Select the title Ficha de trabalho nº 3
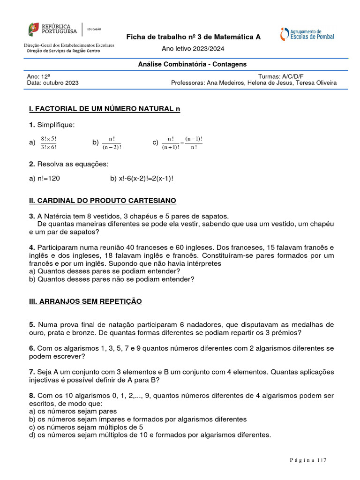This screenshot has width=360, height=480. [x=194, y=37]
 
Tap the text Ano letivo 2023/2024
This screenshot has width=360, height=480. [x=193, y=49]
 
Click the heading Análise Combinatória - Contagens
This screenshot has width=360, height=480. [x=192, y=64]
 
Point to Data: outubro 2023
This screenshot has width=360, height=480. [x=53, y=83]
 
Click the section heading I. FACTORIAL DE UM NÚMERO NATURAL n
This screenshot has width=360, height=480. [x=105, y=109]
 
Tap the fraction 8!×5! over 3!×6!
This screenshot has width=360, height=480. [x=49, y=143]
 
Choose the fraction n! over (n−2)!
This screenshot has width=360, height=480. [x=112, y=143]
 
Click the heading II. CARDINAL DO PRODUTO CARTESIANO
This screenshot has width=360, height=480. [x=103, y=201]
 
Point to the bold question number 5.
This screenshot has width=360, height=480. [x=31, y=324]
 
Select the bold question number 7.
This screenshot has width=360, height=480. [x=31, y=372]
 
